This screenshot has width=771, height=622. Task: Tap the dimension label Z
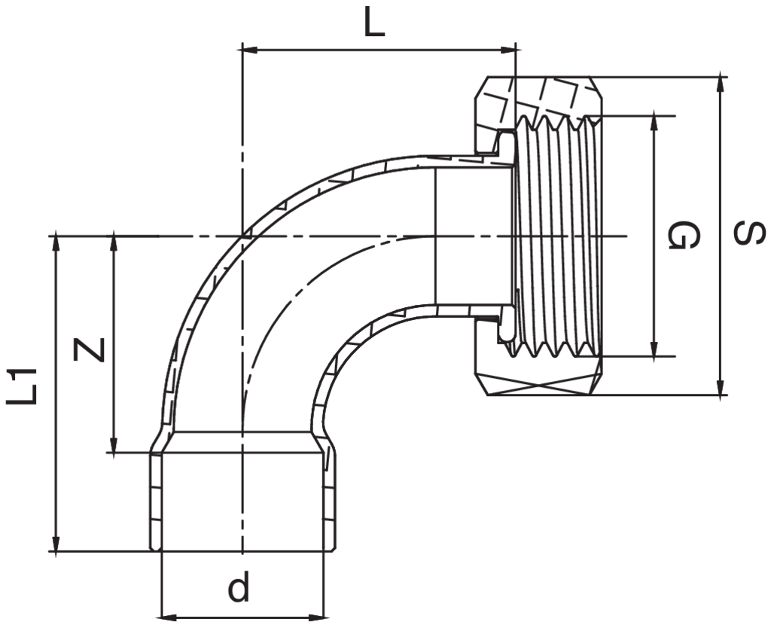tap(89, 349)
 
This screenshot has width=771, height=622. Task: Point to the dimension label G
tap(684, 235)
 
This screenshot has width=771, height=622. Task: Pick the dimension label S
tap(749, 233)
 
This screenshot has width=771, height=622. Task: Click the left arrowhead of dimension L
tap(250, 49)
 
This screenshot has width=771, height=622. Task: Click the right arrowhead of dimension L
tap(508, 49)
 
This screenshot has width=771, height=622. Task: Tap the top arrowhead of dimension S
tap(721, 84)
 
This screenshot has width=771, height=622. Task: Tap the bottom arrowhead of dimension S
tap(721, 386)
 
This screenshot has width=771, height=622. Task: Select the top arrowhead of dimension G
tap(654, 124)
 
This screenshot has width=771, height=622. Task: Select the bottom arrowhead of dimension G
tap(654, 348)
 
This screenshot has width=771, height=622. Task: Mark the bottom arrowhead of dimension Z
tap(114, 444)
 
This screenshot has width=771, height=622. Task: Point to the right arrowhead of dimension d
tap(316, 617)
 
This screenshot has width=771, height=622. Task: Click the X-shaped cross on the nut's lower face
tap(538, 385)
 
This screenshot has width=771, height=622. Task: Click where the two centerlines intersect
tap(242, 236)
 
